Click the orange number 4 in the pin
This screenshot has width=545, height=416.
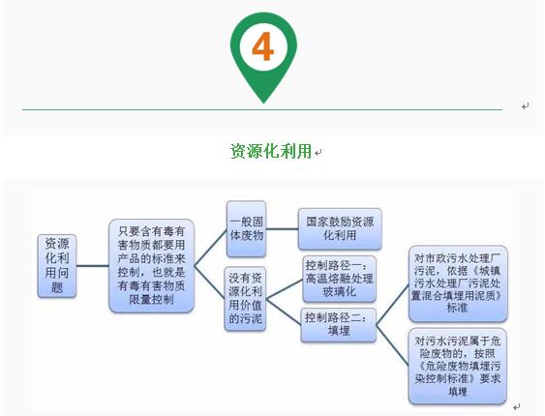click(263, 45)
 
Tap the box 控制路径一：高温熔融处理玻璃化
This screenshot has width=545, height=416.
click(338, 279)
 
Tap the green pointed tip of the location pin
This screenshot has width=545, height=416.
click(263, 99)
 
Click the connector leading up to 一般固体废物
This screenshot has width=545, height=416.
click(210, 247)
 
